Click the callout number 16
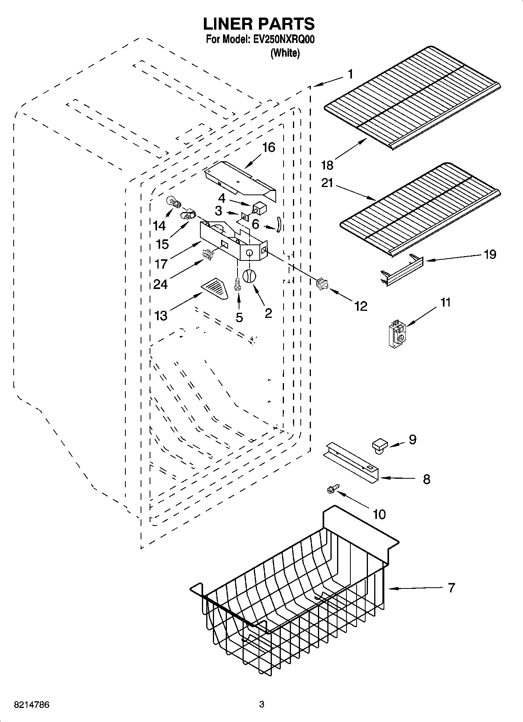click(x=268, y=148)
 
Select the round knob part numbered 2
click(x=249, y=276)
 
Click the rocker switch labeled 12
click(x=321, y=284)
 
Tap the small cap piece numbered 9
click(x=379, y=445)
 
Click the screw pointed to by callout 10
click(x=333, y=488)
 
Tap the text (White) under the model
click(x=285, y=53)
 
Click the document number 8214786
click(x=31, y=704)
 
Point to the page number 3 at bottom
click(x=262, y=704)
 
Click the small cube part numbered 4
click(x=259, y=207)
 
